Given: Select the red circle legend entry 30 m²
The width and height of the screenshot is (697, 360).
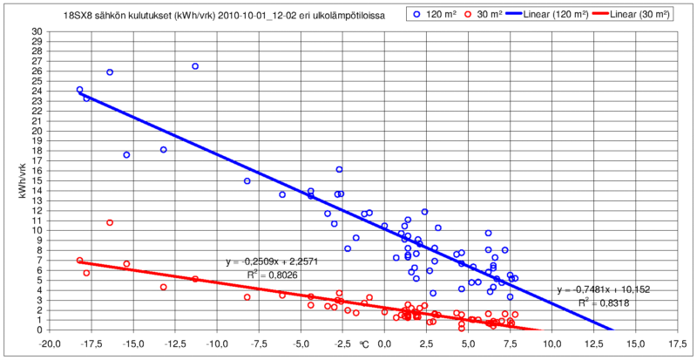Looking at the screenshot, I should [x=480, y=15].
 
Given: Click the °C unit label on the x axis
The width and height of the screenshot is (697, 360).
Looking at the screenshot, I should [x=364, y=343].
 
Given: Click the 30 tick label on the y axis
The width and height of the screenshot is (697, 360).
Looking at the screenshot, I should [x=37, y=31].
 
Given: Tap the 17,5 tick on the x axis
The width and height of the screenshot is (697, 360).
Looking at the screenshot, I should [x=678, y=343].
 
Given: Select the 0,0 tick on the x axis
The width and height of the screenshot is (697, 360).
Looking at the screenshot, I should [x=385, y=343].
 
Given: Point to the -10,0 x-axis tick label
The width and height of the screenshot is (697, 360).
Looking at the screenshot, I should [x=217, y=343].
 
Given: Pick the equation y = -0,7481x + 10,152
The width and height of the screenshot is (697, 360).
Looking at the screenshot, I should [x=604, y=290].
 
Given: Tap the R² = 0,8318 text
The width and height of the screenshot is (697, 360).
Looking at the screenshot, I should [x=603, y=303].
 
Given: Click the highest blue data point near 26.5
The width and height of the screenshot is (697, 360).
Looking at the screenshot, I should [x=195, y=66].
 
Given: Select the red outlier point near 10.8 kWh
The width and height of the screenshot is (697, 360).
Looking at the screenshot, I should [x=110, y=222].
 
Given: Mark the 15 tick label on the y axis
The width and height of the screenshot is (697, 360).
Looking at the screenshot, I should [x=37, y=180].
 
